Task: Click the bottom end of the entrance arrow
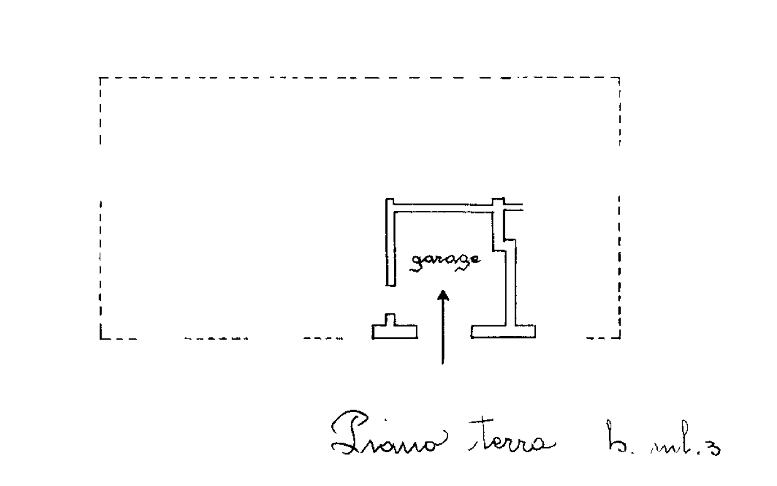pyautogui.click(x=443, y=363)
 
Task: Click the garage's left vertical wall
pyautogui.click(x=390, y=245)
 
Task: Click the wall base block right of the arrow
pyautogui.click(x=503, y=330)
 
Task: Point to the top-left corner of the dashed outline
pyautogui.click(x=100, y=78)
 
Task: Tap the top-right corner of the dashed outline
pyautogui.click(x=619, y=78)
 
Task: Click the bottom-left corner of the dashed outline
pyautogui.click(x=100, y=338)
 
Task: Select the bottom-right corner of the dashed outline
pyautogui.click(x=619, y=338)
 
